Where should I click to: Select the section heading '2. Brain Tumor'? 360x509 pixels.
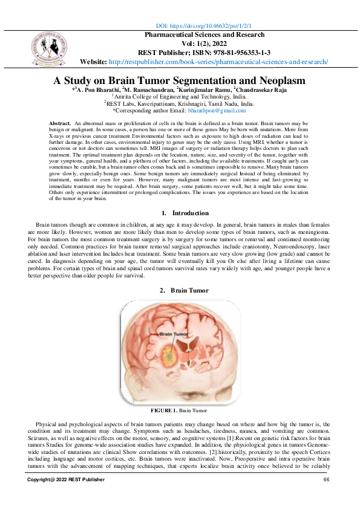pos(184,291)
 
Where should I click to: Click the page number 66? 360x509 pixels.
pos(326,479)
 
